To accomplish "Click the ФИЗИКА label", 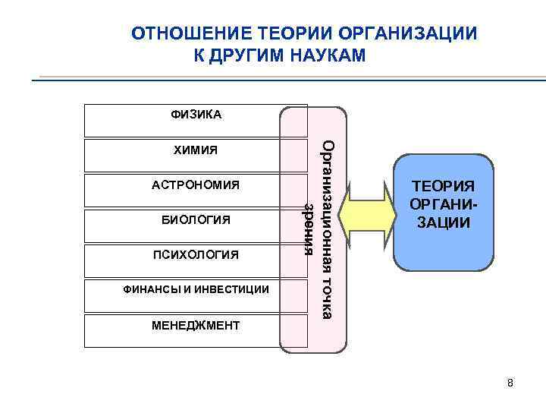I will tap(196, 115).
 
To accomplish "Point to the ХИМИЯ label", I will tap(196, 150).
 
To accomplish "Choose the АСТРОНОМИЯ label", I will tap(196, 184).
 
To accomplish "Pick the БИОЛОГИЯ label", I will tap(196, 219).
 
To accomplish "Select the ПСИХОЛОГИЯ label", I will tap(196, 254).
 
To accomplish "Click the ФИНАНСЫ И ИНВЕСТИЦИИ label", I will tap(196, 289).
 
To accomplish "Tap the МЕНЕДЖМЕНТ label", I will tap(196, 326).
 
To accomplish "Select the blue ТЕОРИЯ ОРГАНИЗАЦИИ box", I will tap(443, 213).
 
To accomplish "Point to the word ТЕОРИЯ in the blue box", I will tap(443, 186).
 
